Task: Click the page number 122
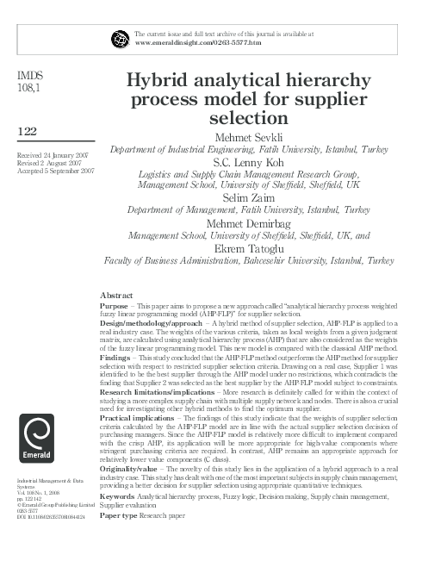click(27, 130)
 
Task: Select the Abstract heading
click(116, 295)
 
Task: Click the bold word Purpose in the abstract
click(114, 305)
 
